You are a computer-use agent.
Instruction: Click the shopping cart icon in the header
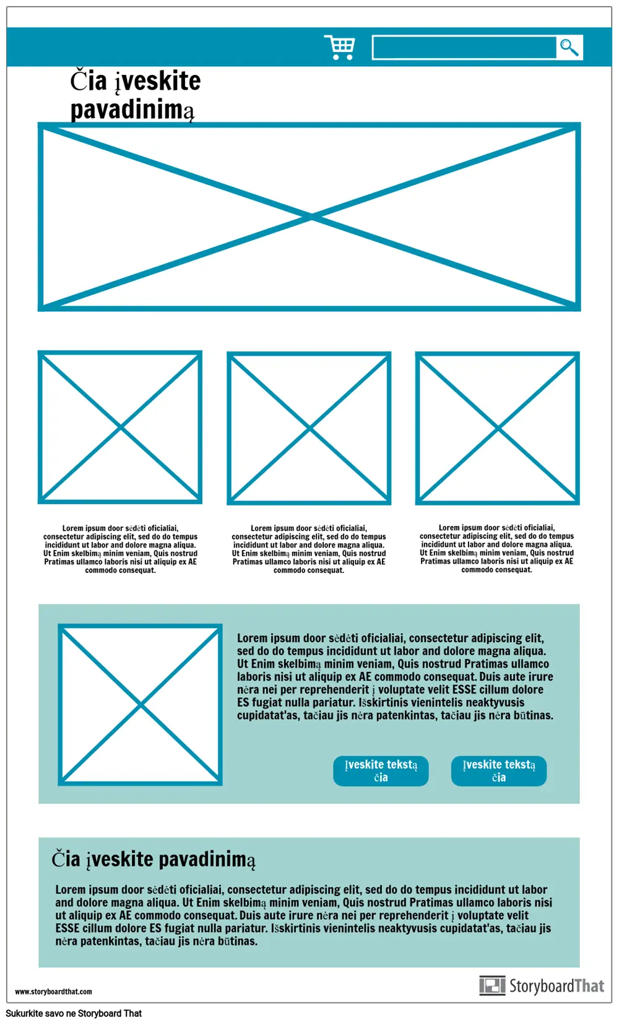tap(340, 47)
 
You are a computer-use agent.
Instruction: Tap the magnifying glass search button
tap(569, 47)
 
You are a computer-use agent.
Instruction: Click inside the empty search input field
tap(464, 48)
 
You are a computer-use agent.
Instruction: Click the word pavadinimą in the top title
tap(132, 110)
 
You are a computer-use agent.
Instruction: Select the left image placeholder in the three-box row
tap(120, 427)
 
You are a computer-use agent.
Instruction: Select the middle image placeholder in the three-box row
tap(309, 428)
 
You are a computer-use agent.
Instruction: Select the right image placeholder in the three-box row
tap(498, 428)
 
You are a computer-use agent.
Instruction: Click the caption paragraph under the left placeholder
tap(120, 549)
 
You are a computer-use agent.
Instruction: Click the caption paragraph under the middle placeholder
tap(309, 549)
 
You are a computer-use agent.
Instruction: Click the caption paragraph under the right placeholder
tap(496, 549)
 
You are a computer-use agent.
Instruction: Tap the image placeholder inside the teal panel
tap(141, 705)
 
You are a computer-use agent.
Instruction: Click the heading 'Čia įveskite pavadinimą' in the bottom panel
tap(153, 859)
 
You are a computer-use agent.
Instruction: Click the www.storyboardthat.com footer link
tap(53, 991)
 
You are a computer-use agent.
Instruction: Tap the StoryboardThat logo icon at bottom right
tap(492, 986)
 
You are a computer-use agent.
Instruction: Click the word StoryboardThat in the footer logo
tap(556, 986)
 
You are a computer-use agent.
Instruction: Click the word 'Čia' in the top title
tap(88, 81)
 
